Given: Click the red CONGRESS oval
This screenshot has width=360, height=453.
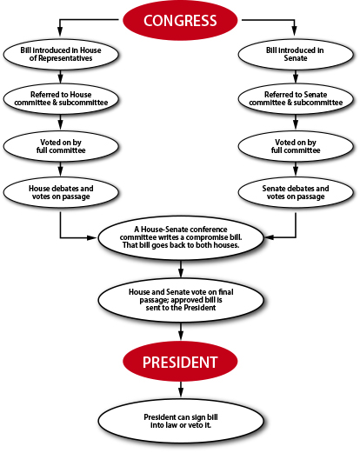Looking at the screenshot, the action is click(x=180, y=20).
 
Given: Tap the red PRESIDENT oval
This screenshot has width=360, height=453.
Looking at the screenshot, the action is click(x=180, y=362).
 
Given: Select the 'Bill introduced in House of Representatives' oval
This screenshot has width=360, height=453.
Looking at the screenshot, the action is click(x=61, y=54).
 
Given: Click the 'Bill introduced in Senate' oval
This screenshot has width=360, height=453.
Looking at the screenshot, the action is click(x=296, y=54).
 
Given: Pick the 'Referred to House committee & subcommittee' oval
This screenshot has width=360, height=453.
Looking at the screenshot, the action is click(x=61, y=98).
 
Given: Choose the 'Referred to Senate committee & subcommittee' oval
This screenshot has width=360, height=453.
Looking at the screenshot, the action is click(x=296, y=98).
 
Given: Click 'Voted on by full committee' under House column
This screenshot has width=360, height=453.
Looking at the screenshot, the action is click(x=61, y=146).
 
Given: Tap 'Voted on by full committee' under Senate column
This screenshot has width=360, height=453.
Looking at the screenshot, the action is click(x=296, y=146).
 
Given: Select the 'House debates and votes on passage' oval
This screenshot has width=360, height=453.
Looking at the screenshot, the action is click(x=61, y=192).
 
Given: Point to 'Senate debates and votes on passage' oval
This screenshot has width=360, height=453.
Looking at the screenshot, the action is click(x=296, y=192).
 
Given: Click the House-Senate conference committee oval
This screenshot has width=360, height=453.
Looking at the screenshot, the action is click(x=181, y=237).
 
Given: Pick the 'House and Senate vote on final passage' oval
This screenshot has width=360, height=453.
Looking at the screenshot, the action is click(x=181, y=300).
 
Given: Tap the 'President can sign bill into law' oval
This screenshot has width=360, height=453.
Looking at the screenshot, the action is click(x=181, y=421).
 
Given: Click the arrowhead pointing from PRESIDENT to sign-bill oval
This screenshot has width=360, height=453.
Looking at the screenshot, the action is click(x=181, y=392).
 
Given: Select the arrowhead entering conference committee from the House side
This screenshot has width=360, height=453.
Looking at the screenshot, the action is click(x=92, y=237).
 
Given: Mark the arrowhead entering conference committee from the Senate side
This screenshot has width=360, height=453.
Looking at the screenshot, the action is click(x=270, y=237).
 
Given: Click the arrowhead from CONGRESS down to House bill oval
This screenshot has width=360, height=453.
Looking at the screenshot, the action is click(x=60, y=30).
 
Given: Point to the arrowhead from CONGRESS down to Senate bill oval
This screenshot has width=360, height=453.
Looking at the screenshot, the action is click(x=295, y=30).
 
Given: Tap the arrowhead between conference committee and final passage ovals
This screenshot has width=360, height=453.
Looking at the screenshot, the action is click(x=181, y=272).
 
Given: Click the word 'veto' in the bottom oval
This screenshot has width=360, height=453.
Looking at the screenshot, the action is click(x=195, y=425).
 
